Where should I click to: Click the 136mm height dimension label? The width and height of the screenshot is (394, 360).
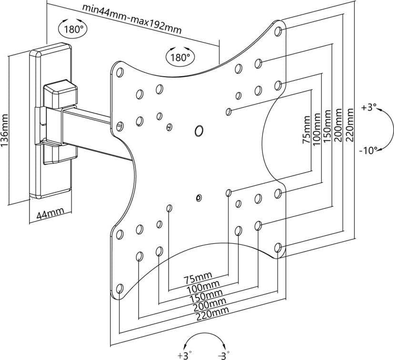[x=5, y=130]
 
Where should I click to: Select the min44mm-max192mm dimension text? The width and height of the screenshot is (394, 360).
[x=132, y=19]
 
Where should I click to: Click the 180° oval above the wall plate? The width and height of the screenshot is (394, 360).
[x=73, y=29]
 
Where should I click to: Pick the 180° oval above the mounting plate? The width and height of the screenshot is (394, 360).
[x=180, y=57]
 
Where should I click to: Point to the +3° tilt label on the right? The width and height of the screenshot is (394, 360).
[x=369, y=107]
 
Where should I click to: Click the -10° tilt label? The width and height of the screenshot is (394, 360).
[x=368, y=151]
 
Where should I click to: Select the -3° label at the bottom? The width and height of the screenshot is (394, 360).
[x=223, y=355]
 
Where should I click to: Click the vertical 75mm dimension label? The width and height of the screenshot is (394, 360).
[x=306, y=130]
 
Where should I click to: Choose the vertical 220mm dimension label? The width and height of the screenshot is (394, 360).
[x=350, y=124]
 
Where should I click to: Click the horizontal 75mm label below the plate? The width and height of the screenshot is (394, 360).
[x=198, y=277]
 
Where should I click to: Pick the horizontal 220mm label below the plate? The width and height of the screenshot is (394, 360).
[x=212, y=314]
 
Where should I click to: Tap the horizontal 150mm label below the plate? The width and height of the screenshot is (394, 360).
[x=206, y=296]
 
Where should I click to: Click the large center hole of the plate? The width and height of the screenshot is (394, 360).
[x=199, y=131]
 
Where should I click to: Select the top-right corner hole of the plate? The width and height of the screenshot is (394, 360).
[x=278, y=31]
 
